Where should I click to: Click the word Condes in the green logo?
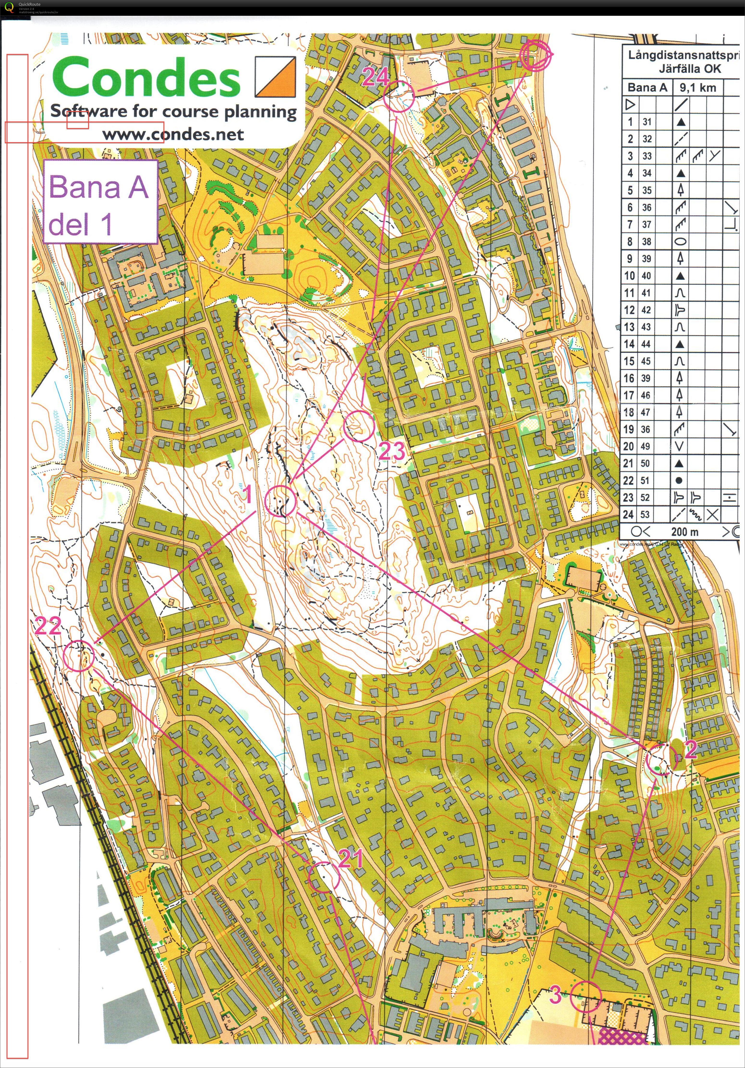(x=146, y=78)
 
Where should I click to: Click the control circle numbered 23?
(x=358, y=426)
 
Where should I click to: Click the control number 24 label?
(x=375, y=77)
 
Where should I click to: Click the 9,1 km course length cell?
(x=697, y=87)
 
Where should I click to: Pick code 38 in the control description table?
(x=646, y=241)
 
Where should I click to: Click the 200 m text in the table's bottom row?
(x=684, y=532)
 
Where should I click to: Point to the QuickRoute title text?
(x=29, y=4)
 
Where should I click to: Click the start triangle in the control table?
(x=630, y=105)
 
